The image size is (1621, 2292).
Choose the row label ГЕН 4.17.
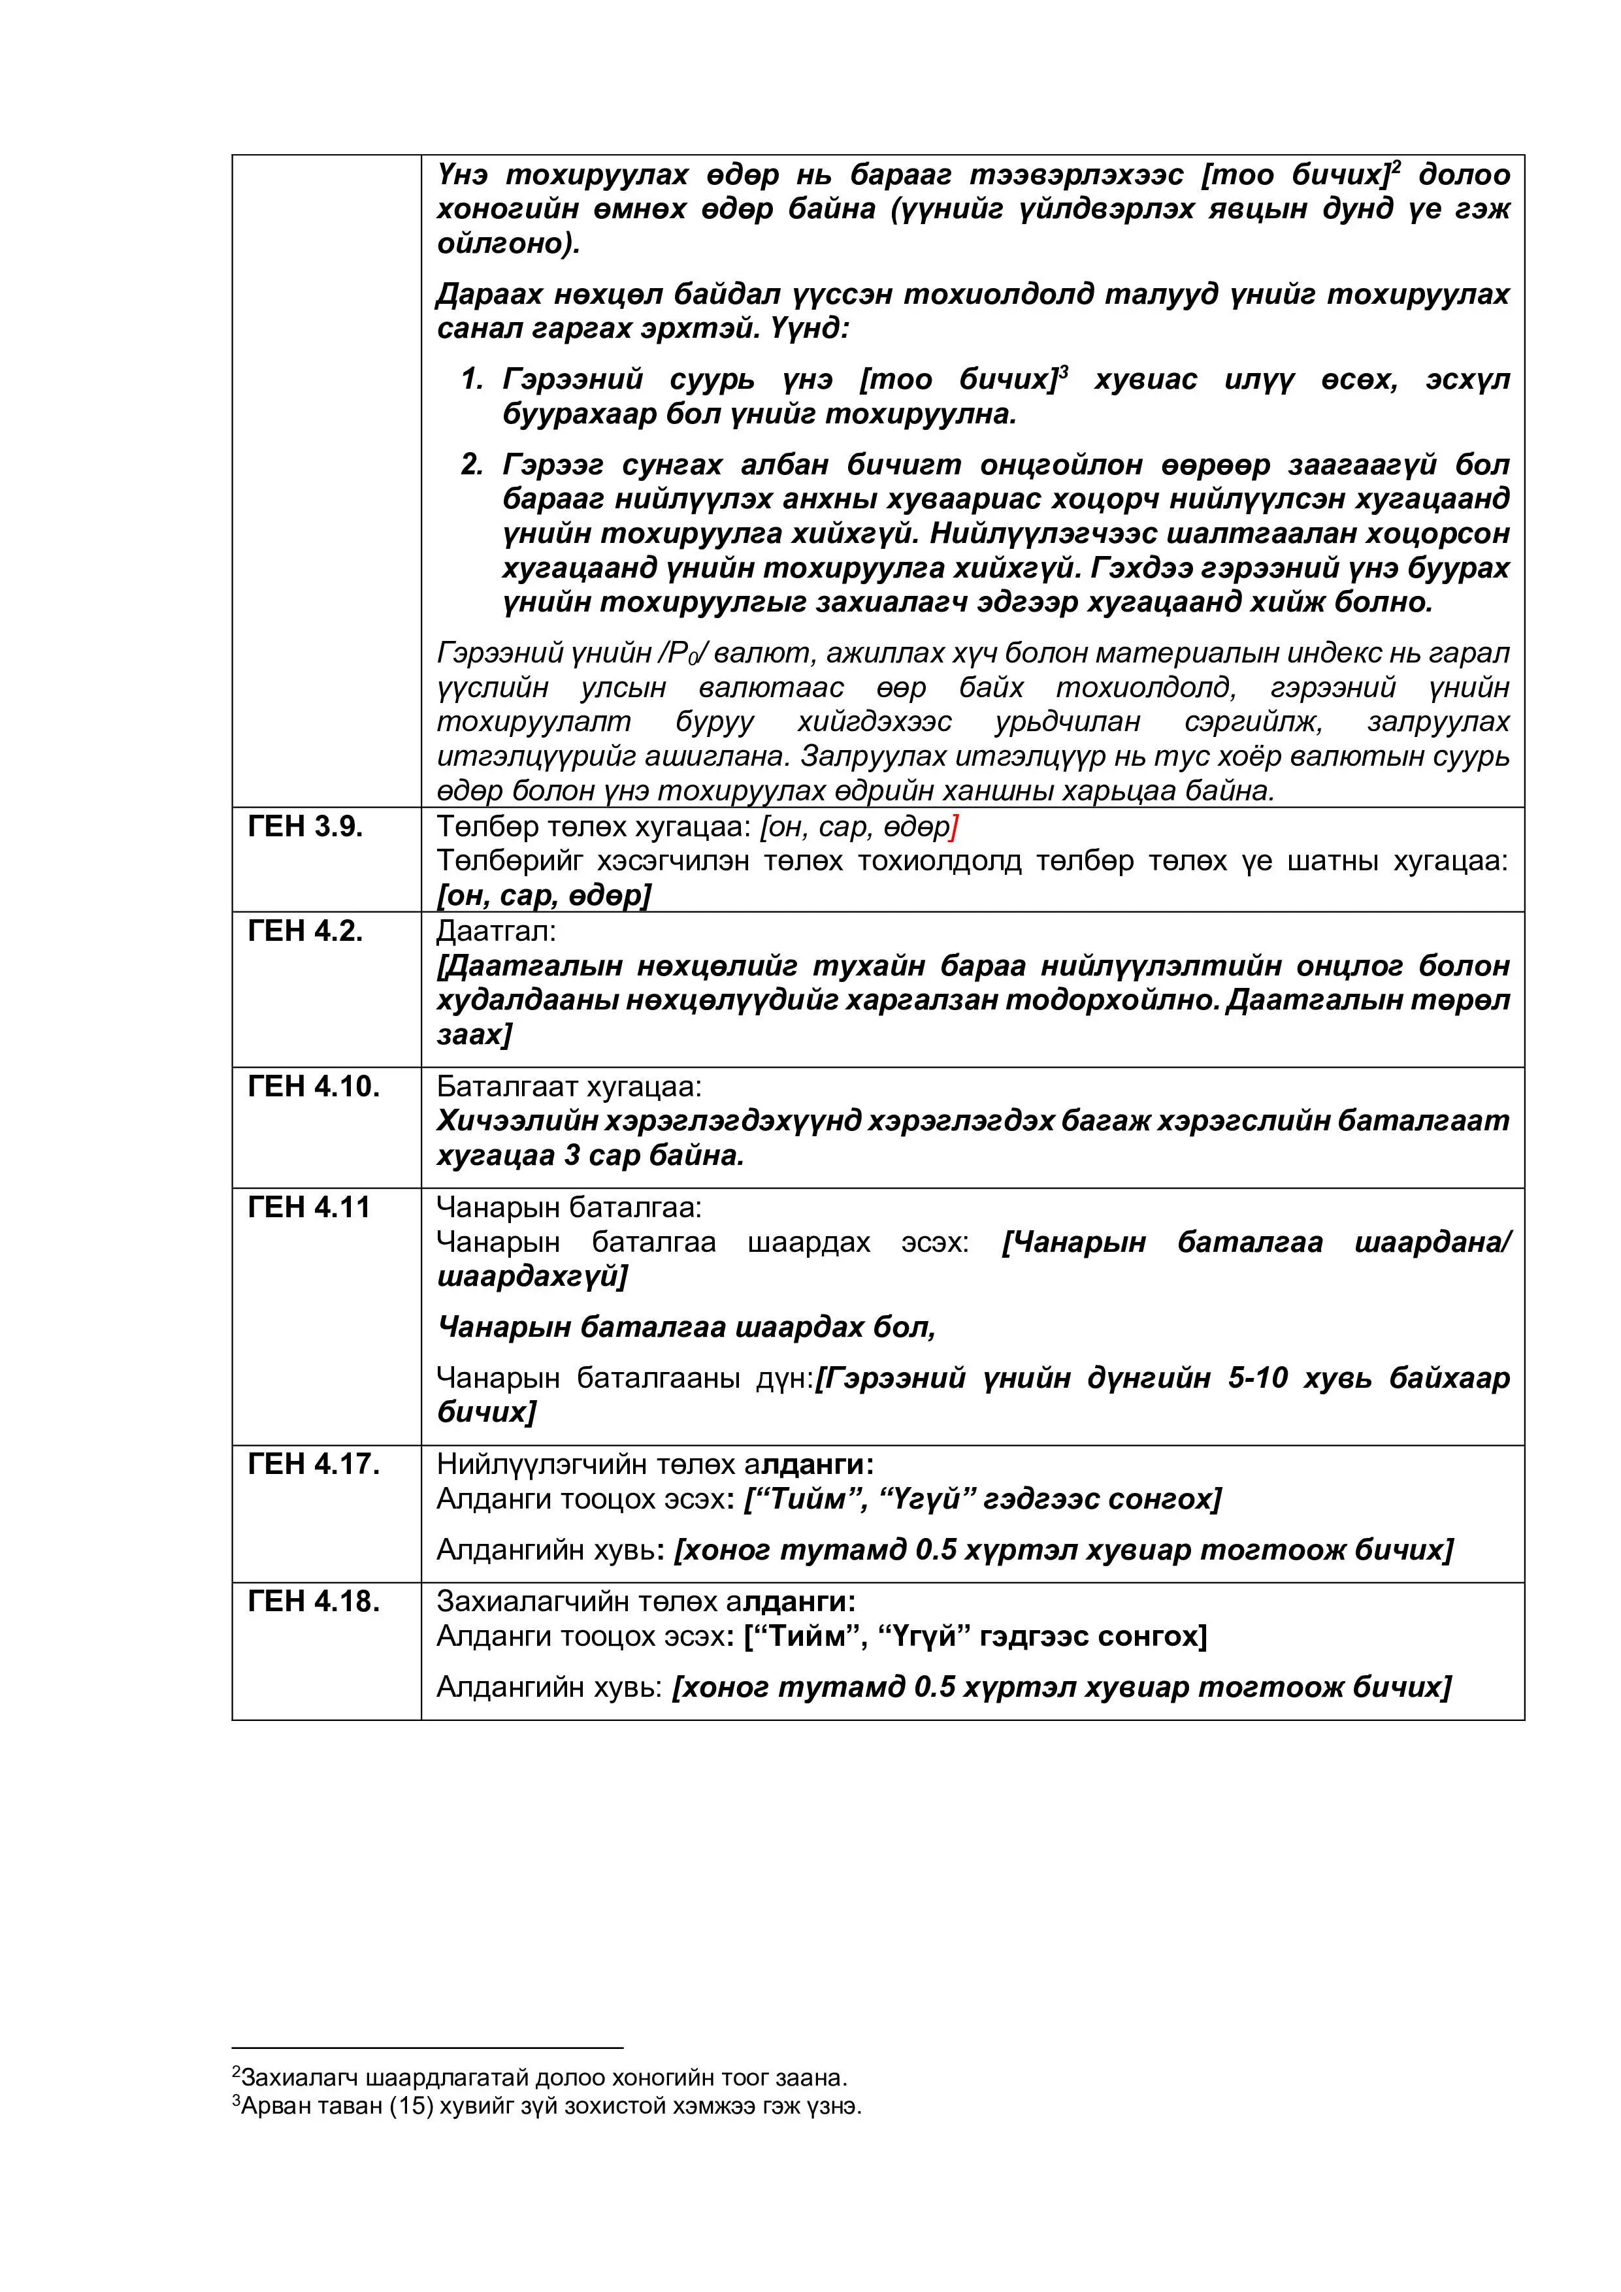(314, 1464)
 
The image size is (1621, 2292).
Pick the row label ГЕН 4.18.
(314, 1601)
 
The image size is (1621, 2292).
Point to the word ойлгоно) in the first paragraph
(507, 244)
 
